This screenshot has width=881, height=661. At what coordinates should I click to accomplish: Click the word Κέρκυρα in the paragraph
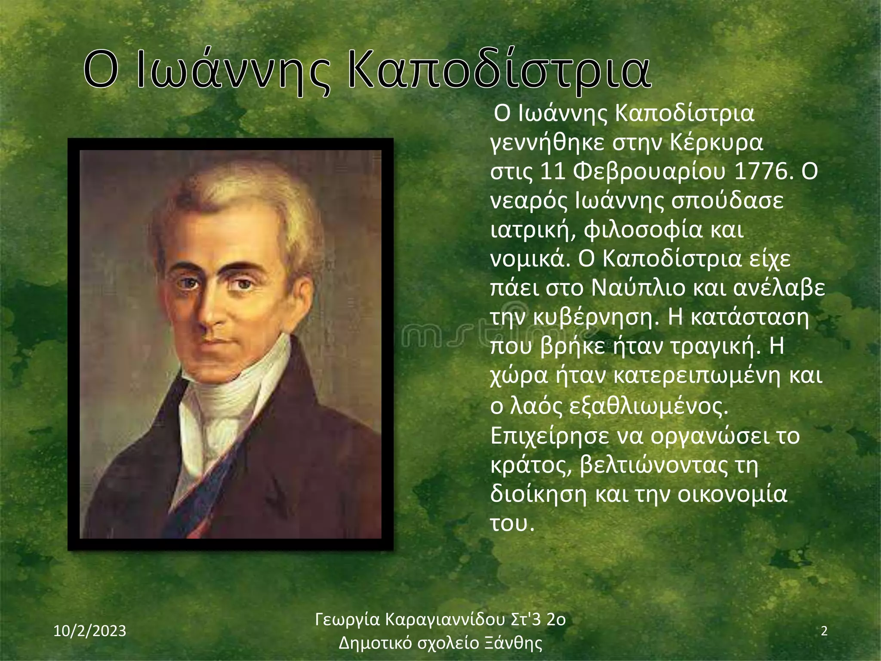coord(717,143)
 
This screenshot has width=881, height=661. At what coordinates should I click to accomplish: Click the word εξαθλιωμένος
coord(648,407)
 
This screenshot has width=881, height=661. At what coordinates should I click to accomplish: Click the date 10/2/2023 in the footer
coord(90,631)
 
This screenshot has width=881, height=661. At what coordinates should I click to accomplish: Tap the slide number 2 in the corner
coord(824,631)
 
